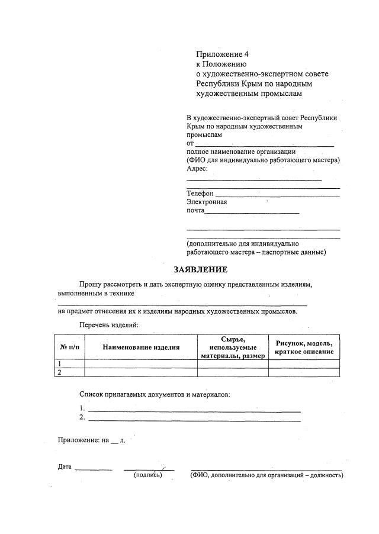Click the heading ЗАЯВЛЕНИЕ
[200, 270]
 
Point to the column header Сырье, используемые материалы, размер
[233, 347]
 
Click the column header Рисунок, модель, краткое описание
[304, 347]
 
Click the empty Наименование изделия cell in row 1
[141, 364]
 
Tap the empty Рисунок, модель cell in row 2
[304, 372]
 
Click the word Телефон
[200, 194]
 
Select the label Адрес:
[197, 169]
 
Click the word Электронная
[207, 202]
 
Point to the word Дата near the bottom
[65, 467]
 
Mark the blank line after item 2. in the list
[194, 419]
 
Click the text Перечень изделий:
[109, 325]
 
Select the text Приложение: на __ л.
[91, 441]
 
